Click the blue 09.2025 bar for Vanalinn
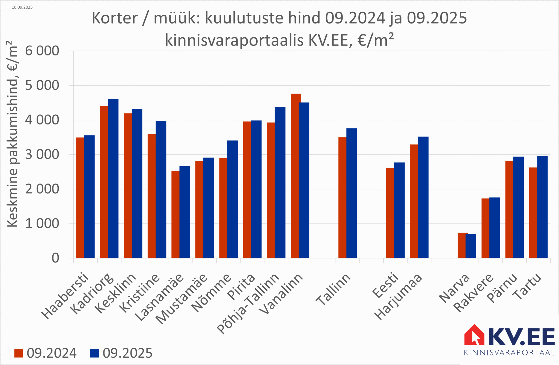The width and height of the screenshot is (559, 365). click(x=304, y=180)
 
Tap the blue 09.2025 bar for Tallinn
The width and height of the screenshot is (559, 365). click(x=352, y=193)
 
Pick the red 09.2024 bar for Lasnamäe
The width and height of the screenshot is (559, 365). click(x=175, y=214)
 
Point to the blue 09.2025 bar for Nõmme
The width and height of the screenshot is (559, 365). click(x=233, y=199)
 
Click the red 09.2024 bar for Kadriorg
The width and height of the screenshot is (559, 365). click(x=104, y=182)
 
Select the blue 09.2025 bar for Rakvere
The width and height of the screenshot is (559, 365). click(x=495, y=228)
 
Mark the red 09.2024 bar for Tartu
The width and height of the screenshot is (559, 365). click(x=533, y=213)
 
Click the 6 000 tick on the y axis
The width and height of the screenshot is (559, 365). click(x=42, y=51)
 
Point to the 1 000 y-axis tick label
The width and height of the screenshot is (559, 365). click(x=42, y=224)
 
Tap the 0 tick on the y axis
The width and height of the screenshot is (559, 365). click(x=55, y=258)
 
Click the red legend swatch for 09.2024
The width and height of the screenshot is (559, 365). click(x=19, y=353)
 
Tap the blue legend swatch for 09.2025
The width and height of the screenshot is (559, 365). click(x=94, y=353)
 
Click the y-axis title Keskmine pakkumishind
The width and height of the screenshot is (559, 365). click(x=12, y=134)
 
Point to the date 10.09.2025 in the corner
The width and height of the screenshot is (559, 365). click(x=22, y=7)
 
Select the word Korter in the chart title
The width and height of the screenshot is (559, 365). click(x=115, y=18)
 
